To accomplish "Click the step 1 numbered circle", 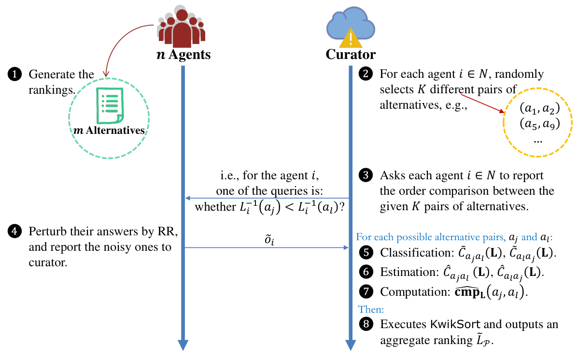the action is (x=14, y=74).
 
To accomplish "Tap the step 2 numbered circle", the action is (x=366, y=74).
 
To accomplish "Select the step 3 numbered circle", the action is (x=366, y=175).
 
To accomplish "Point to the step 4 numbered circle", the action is (x=14, y=231).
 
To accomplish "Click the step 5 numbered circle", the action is (x=366, y=253).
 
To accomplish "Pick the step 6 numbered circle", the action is (x=366, y=272).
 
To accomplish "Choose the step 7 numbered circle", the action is (x=366, y=291).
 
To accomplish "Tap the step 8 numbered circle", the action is (x=366, y=324).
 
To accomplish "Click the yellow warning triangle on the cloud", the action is (x=351, y=39).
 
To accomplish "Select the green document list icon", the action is (x=110, y=106).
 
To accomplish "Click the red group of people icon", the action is (x=182, y=27).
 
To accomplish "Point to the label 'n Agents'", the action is (x=183, y=55).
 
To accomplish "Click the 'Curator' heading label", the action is (x=351, y=55).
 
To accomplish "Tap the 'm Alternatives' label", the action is (x=109, y=130).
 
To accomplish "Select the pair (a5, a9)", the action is (x=540, y=124).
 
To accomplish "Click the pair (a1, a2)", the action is (x=540, y=108).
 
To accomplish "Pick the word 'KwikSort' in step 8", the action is (x=455, y=324).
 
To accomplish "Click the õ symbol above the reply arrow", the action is (x=269, y=240).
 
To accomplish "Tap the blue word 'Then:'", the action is (x=371, y=309).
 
